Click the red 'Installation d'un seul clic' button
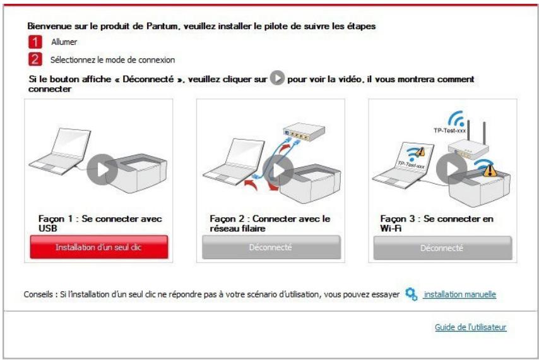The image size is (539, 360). tap(98, 247)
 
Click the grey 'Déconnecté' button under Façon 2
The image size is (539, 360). tap(271, 247)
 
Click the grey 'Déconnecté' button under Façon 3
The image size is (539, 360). tap(442, 248)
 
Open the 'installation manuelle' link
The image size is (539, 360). tap(459, 294)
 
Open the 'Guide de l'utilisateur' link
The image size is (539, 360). tap(470, 327)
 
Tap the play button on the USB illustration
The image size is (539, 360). tap(102, 169)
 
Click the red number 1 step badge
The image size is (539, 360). tap(35, 43)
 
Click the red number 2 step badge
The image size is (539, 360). tap(35, 59)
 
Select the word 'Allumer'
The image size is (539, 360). tap(64, 43)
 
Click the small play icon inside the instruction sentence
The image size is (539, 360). tap(276, 79)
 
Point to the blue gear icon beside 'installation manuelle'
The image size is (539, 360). tap(412, 294)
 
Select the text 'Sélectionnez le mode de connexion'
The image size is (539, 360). tap(112, 60)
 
